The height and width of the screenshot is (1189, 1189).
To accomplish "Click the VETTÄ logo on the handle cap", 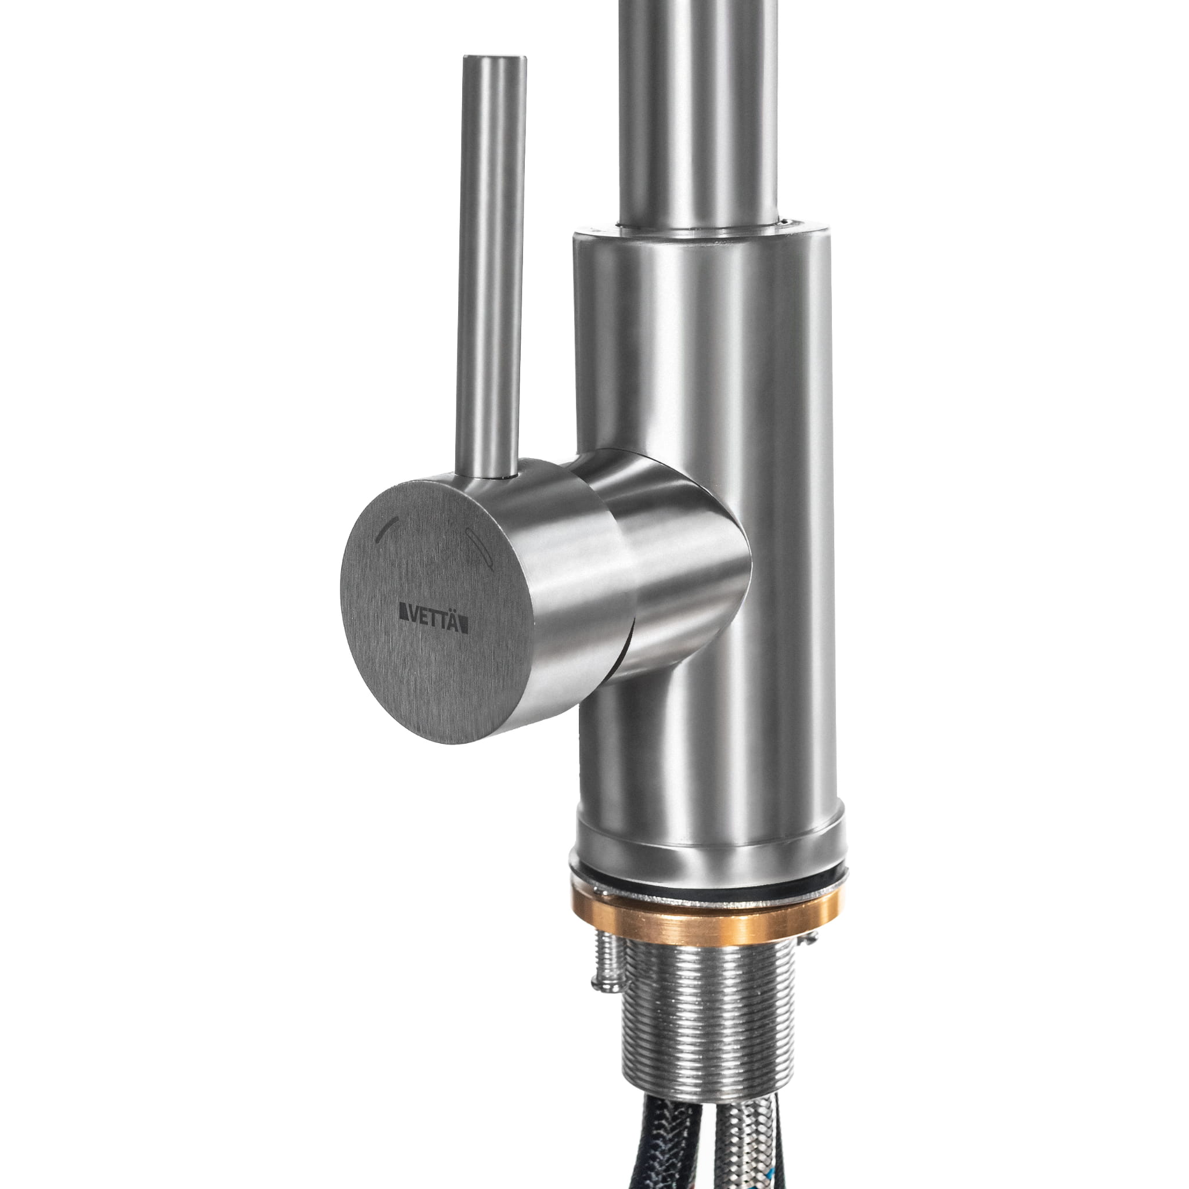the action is (434, 624).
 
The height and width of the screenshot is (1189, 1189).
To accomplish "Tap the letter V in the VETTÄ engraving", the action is (410, 623).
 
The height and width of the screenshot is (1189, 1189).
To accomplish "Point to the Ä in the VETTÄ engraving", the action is (455, 624).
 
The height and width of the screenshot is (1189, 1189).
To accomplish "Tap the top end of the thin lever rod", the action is (495, 59).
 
